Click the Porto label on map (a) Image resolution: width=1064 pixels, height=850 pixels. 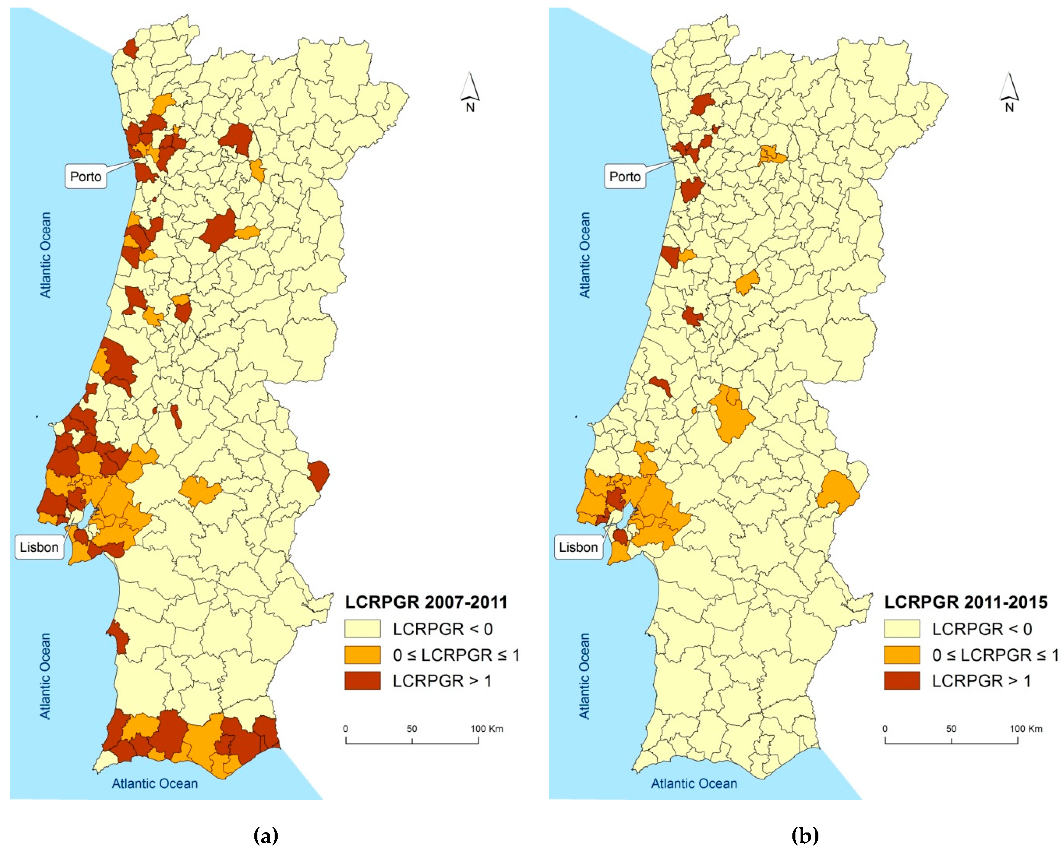(x=85, y=177)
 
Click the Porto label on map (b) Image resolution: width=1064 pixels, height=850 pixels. (x=625, y=177)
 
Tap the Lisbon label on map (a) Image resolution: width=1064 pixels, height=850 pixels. (x=39, y=547)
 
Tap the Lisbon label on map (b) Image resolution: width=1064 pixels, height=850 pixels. (x=579, y=547)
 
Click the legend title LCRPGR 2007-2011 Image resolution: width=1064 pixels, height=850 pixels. (x=426, y=602)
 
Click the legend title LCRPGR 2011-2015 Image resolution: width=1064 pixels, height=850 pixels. (x=966, y=602)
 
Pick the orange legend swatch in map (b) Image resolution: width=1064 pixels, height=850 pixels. (x=902, y=655)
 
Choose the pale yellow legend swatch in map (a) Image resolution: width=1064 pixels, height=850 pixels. (x=362, y=629)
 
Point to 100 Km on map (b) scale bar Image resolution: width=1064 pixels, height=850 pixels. (x=1026, y=729)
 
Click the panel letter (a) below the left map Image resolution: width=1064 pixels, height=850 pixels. (x=266, y=835)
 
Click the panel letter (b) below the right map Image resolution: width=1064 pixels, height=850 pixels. (x=805, y=835)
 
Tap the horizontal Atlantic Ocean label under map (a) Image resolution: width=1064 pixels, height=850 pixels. (x=154, y=783)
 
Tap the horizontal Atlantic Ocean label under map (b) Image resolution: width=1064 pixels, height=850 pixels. (x=694, y=783)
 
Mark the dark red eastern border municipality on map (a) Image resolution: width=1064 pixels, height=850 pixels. (x=319, y=475)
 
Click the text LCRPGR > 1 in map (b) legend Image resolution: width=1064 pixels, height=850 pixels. (x=981, y=681)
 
